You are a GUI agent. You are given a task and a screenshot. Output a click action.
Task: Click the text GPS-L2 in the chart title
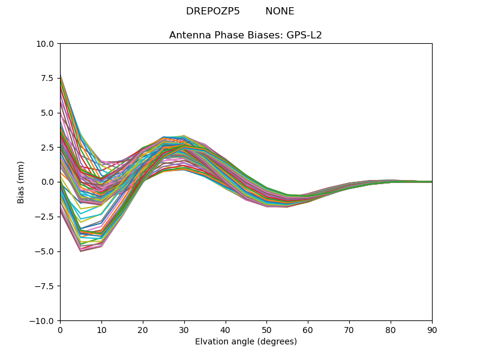click(x=304, y=35)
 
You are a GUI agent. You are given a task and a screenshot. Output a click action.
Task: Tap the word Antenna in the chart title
click(x=187, y=35)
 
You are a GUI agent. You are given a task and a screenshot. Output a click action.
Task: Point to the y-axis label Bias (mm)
click(x=21, y=182)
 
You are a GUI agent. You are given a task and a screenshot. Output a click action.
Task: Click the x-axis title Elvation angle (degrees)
click(x=246, y=342)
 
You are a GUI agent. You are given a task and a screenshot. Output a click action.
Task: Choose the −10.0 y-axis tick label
click(x=43, y=321)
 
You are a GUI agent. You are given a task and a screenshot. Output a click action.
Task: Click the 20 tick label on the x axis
click(x=143, y=330)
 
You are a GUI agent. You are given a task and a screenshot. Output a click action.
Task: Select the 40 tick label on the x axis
click(x=226, y=330)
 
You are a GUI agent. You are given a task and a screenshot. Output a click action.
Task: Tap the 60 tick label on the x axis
click(x=308, y=330)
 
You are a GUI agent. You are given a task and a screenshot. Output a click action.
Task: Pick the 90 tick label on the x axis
click(x=432, y=330)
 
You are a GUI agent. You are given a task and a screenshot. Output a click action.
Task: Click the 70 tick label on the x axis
click(x=349, y=330)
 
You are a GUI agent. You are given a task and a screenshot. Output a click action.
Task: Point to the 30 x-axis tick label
click(x=184, y=330)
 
